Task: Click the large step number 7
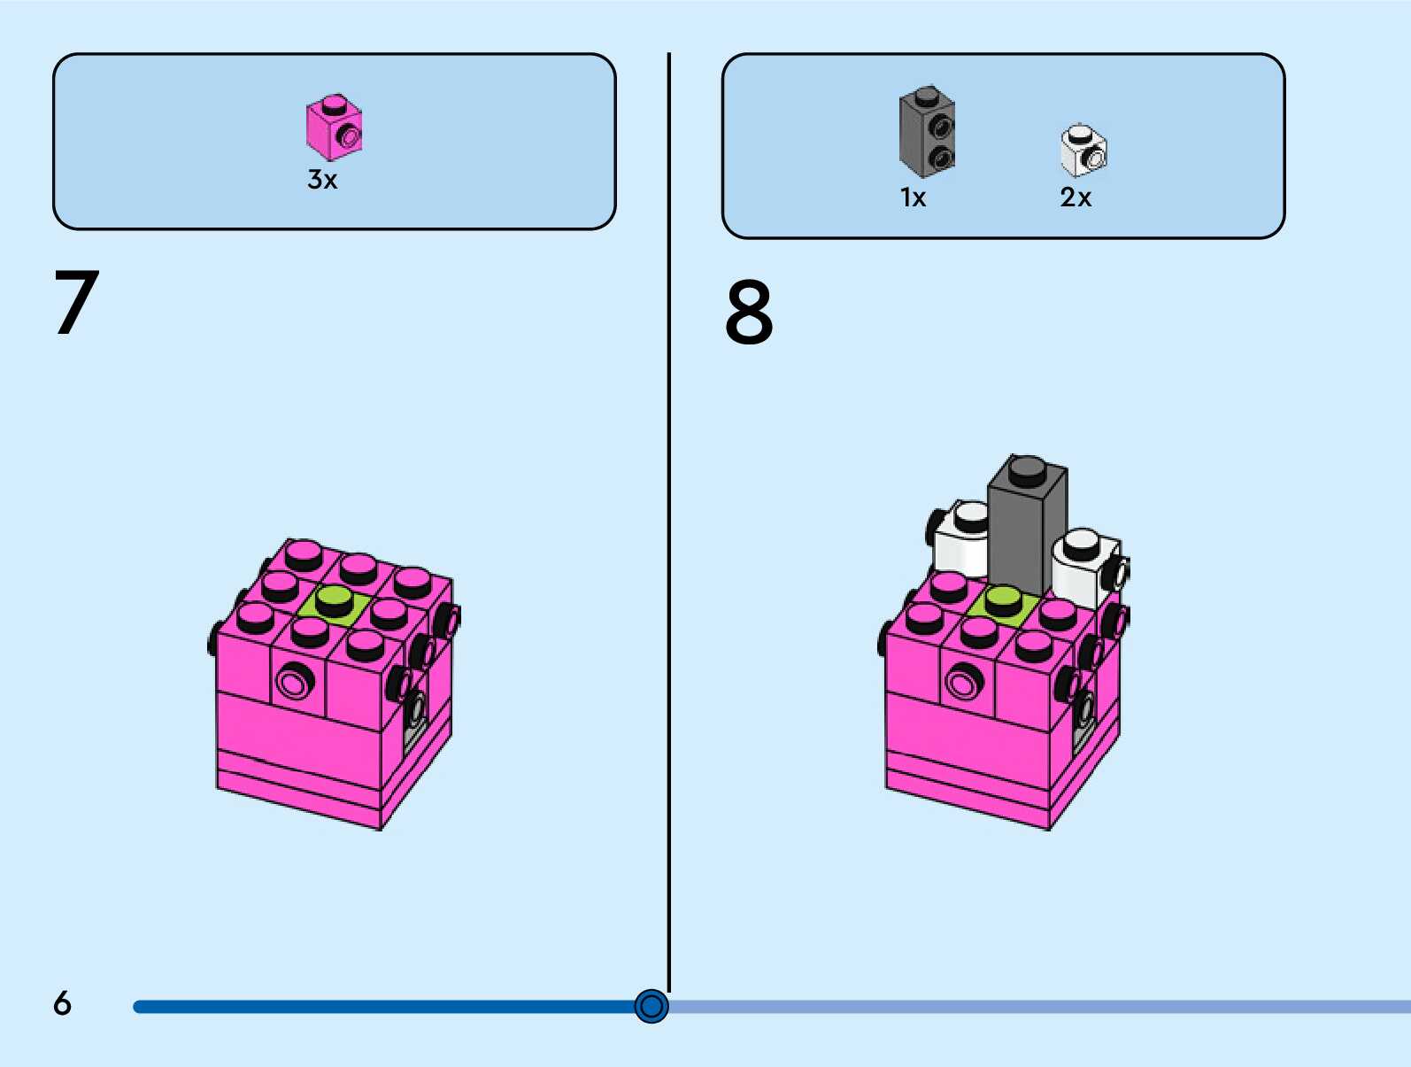(x=76, y=303)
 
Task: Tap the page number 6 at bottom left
(x=62, y=1003)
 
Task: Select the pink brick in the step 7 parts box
(x=334, y=128)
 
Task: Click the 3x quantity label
(x=322, y=180)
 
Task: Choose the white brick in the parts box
(x=1083, y=151)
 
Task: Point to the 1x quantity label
(x=913, y=197)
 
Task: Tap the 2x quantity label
(x=1076, y=197)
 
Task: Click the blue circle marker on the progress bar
(x=652, y=1006)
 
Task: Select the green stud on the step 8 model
(x=1003, y=600)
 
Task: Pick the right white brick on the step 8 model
(x=1082, y=567)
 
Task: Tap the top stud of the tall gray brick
(x=1028, y=468)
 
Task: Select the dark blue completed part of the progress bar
(x=381, y=1007)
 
